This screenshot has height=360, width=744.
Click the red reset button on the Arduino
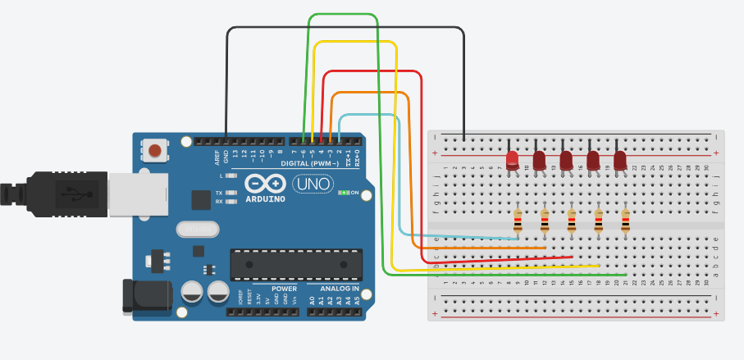[154, 150]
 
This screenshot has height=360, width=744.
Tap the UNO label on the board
[313, 185]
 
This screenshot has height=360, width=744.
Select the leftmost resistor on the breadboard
[518, 221]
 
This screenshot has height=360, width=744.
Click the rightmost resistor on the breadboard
[626, 221]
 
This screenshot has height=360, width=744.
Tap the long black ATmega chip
[295, 262]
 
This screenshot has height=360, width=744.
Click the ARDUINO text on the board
[264, 198]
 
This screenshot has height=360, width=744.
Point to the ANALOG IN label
[333, 289]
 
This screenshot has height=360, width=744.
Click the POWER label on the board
[284, 289]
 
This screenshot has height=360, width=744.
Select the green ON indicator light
[344, 193]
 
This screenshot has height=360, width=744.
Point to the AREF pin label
[217, 154]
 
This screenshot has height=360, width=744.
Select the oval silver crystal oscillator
[197, 229]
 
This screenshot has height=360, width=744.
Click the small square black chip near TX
[201, 199]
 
